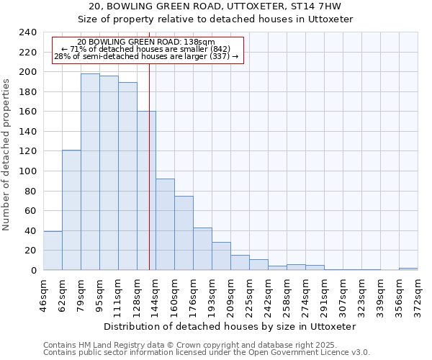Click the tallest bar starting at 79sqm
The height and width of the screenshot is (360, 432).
(x=90, y=172)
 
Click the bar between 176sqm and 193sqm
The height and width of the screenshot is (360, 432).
(x=202, y=249)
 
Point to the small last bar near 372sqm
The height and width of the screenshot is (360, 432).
(x=408, y=269)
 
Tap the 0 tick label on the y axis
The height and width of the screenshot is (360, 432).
(x=33, y=271)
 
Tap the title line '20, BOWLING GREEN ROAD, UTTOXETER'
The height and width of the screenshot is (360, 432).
(x=215, y=6)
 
